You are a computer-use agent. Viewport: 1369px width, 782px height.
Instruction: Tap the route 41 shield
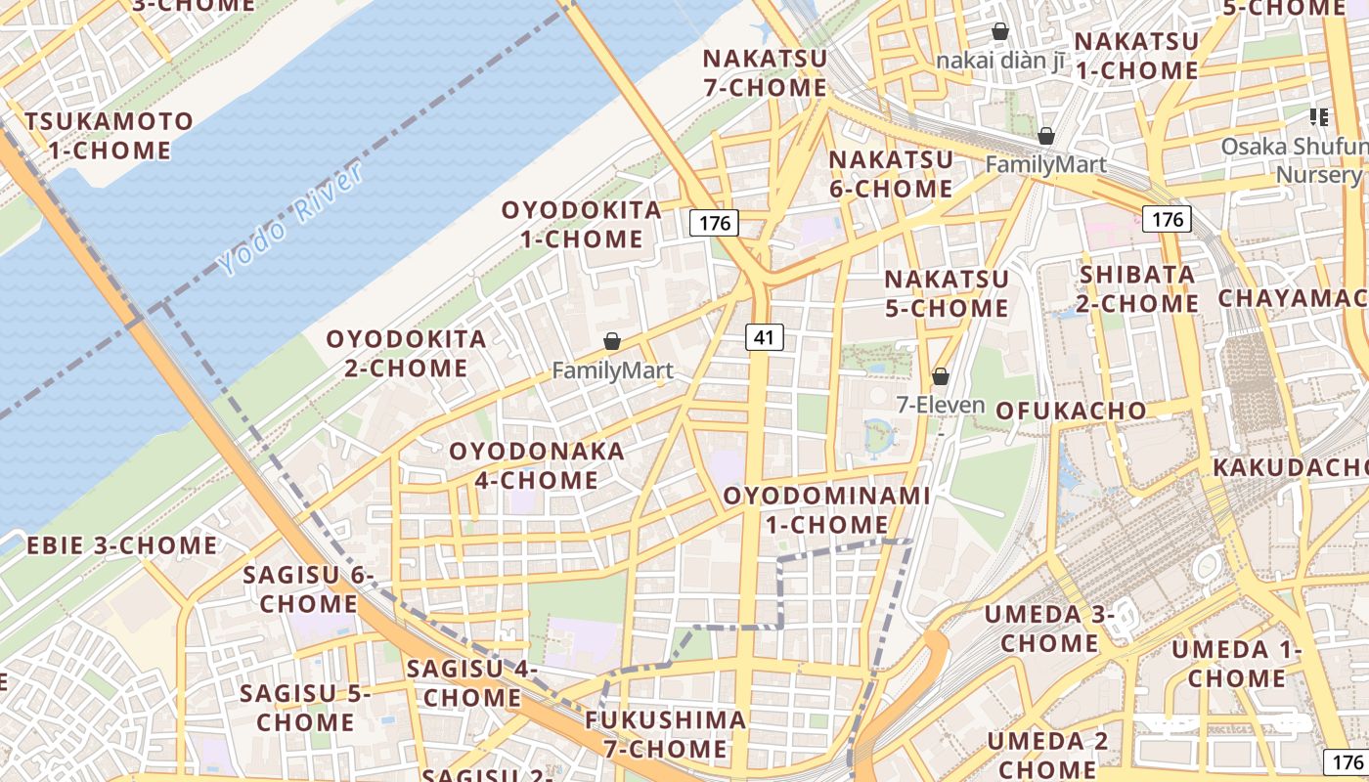pos(764,338)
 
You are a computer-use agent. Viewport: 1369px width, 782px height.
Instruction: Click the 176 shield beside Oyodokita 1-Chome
pos(715,223)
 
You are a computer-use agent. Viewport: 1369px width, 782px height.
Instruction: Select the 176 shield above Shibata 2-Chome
pos(1168,219)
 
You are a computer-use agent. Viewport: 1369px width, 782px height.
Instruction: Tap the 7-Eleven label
pos(941,404)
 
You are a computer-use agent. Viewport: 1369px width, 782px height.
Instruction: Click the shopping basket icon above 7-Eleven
pos(941,376)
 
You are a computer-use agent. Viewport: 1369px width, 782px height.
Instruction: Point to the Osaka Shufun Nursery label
pos(1293,160)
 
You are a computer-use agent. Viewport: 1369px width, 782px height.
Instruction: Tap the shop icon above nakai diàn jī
pos(1000,31)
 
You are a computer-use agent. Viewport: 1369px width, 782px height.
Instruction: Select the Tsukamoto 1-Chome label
pos(110,136)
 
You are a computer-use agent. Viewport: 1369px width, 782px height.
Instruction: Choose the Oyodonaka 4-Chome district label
pos(537,465)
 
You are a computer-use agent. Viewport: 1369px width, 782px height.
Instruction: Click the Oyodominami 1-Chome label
pos(826,509)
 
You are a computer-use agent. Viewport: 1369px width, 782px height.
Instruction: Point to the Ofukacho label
pos(1071,411)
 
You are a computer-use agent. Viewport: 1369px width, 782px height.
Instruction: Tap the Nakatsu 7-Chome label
pos(766,72)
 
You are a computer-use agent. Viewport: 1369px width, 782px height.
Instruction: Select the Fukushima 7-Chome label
pos(666,735)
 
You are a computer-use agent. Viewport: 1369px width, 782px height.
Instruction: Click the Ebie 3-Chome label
pos(122,545)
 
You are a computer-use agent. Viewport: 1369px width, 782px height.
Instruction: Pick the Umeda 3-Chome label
pos(1049,629)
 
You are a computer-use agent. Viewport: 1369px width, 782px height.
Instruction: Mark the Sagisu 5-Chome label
pos(305,708)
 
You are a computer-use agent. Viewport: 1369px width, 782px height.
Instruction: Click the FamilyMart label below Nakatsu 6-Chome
pos(1045,164)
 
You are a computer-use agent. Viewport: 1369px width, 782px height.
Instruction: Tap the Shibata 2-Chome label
pos(1138,288)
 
